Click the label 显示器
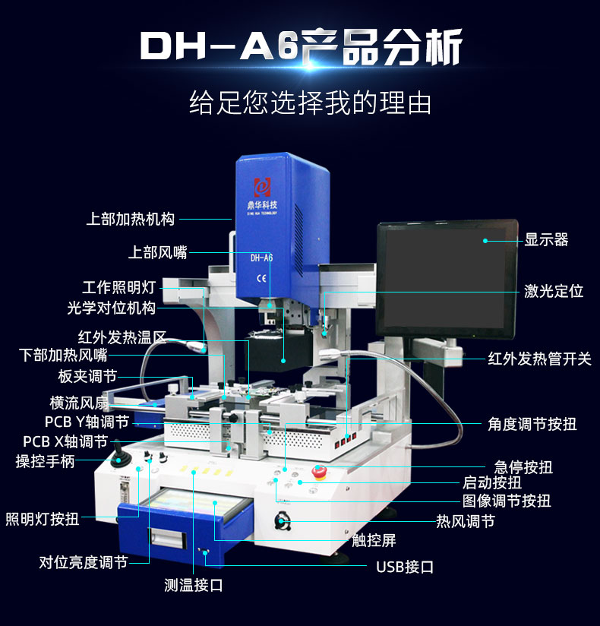coord(546,240)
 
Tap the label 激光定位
coord(554,291)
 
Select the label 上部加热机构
coord(130,219)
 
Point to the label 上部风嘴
coord(157,252)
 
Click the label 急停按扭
coord(523,466)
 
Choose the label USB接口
coord(405,567)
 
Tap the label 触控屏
coord(374,541)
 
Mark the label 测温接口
coord(194,584)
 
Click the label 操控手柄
coord(46,461)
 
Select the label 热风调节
coord(465,521)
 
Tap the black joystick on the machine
coord(119,457)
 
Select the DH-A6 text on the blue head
coord(261,257)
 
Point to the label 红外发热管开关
coord(539,359)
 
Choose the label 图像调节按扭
coord(507,501)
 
